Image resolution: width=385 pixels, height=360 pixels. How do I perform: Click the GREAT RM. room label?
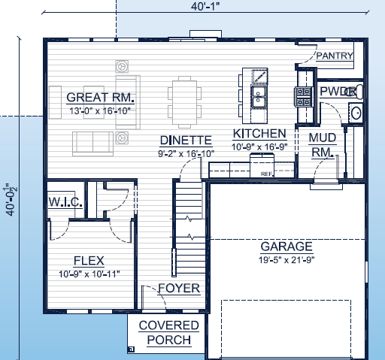point(100,98)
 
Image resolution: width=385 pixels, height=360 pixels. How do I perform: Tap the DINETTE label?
point(186,140)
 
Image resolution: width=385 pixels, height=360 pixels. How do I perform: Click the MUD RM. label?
point(322,144)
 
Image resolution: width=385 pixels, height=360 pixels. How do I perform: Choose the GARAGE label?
point(286,247)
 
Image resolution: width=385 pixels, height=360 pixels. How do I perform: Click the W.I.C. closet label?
point(65,202)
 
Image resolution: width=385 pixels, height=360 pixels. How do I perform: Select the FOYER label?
point(179,289)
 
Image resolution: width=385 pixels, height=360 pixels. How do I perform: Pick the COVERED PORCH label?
point(169,332)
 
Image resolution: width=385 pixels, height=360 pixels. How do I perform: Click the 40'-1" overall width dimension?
point(205,7)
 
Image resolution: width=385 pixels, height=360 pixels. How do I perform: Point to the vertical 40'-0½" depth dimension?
point(10,200)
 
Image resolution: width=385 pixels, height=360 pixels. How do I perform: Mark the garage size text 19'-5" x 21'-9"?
point(286,260)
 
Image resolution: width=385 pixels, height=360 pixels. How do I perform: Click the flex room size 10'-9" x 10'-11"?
point(89,274)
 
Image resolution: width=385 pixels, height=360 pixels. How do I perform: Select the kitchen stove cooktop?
point(303,96)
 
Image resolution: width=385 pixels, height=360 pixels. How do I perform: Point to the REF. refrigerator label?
point(265,174)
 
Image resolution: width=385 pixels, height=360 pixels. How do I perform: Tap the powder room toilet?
point(357,92)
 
